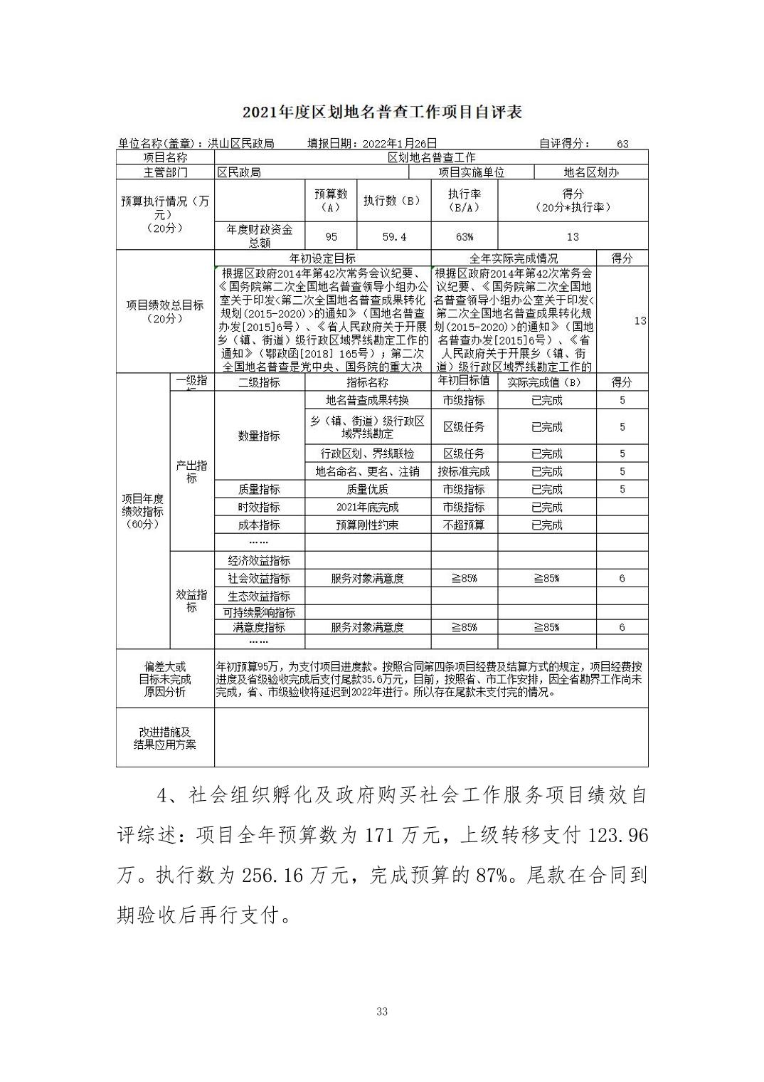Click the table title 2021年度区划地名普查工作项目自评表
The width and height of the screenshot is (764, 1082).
coord(382,112)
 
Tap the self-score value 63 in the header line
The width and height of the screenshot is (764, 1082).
coord(622,144)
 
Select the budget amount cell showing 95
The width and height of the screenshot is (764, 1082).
coord(331,236)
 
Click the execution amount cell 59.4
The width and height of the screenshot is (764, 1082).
coord(394,236)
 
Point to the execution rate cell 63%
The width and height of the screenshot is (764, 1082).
coord(464,236)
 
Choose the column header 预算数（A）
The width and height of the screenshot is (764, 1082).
coord(331,201)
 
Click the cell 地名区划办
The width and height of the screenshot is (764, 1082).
coord(591,172)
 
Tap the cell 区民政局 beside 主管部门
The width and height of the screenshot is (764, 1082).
coord(239,172)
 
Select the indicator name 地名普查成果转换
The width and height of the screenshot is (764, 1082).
coord(367,400)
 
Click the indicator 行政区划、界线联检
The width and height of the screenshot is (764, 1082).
coord(367,453)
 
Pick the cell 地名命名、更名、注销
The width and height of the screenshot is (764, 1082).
coord(367,471)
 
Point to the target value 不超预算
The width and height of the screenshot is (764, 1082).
coord(464,525)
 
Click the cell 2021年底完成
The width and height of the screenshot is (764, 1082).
coord(367,507)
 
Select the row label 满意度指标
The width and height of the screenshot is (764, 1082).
coord(259,627)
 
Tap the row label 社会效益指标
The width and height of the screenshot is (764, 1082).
coord(259,578)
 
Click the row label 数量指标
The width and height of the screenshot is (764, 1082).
coord(259,436)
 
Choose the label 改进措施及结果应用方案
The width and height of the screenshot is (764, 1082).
coord(165,738)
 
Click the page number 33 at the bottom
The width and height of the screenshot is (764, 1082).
coord(382,1012)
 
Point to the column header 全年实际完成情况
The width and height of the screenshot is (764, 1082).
coord(514,258)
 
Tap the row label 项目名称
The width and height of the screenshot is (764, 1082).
coord(165,157)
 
